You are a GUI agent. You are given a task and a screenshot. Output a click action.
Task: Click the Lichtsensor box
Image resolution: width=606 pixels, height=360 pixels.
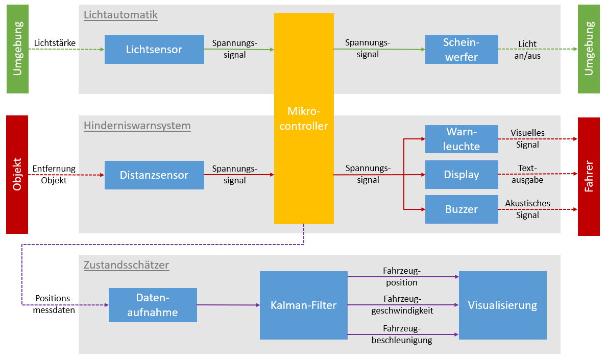point(154,50)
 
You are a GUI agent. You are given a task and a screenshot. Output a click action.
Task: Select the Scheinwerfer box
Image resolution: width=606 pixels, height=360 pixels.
point(462,50)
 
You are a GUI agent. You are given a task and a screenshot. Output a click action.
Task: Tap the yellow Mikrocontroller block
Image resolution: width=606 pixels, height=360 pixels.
point(304,118)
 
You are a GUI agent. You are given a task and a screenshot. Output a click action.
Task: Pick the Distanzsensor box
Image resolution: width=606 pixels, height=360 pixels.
point(154,175)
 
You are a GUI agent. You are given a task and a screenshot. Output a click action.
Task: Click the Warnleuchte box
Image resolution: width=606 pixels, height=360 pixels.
point(462,139)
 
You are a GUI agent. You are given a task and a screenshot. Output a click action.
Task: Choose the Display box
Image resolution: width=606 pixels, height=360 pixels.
point(462,175)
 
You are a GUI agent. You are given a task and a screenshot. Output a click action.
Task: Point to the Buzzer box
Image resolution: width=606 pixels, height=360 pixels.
point(462,209)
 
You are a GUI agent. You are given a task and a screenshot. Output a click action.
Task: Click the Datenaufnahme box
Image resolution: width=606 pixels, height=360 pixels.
point(153,305)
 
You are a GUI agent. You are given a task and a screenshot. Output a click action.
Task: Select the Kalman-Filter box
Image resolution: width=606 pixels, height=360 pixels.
point(304,305)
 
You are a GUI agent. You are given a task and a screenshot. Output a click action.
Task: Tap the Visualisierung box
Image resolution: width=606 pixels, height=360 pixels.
point(502,305)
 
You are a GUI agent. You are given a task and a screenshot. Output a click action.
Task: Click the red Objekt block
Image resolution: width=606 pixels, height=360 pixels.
point(17,175)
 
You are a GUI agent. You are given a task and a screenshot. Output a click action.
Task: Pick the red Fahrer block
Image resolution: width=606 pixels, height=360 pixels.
point(589,176)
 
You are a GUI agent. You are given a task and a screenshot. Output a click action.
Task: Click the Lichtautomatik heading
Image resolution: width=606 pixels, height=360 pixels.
point(120,15)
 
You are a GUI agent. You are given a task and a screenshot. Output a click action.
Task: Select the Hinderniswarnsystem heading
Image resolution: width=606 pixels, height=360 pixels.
point(137,126)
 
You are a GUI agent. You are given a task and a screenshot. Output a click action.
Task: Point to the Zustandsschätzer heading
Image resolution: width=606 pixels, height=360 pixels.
point(126,265)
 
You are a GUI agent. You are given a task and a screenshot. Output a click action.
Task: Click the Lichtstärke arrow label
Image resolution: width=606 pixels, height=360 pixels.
point(55,43)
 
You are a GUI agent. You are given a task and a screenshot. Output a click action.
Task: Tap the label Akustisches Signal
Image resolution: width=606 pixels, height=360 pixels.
point(527,209)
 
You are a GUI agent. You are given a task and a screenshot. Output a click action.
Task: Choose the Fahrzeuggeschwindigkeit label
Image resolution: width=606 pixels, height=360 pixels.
point(403,305)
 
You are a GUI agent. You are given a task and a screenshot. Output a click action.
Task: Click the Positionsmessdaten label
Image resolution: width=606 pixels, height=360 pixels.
point(54,304)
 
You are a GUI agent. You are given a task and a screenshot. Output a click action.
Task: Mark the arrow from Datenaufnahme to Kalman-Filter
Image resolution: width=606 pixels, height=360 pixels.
point(228,305)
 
